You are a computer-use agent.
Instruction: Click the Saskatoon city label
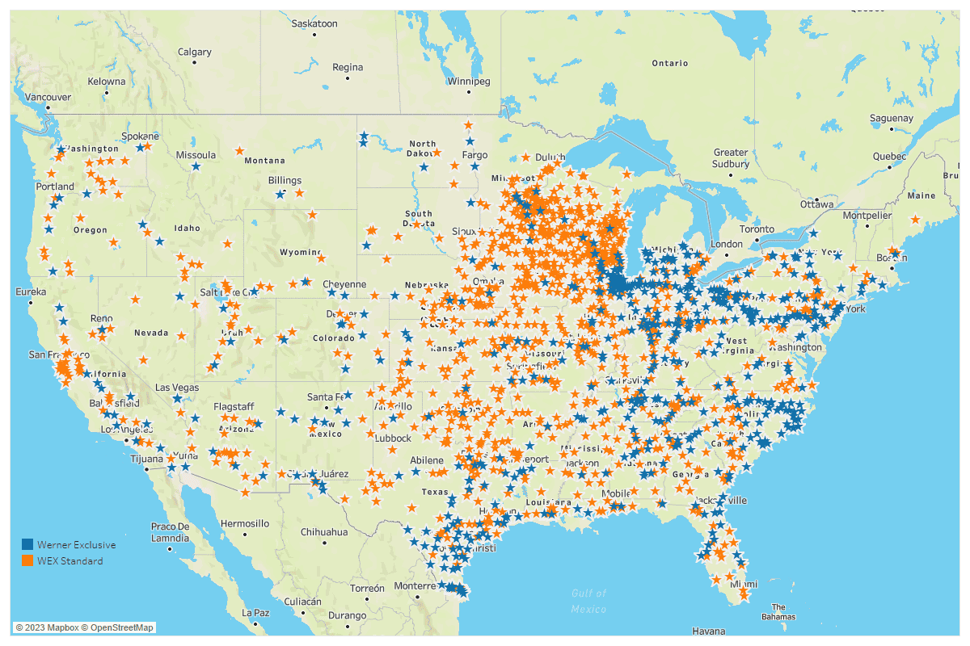tap(314, 23)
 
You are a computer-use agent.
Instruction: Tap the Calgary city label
tap(195, 52)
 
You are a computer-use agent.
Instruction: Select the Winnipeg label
tap(470, 82)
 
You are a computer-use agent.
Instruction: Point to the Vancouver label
tap(48, 97)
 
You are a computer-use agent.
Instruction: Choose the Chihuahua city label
tap(324, 532)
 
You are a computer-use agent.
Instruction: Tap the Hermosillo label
tap(245, 523)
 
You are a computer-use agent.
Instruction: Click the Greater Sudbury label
tap(731, 157)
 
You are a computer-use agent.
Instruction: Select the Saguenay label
tap(891, 119)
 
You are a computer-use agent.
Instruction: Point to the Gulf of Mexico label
tap(588, 601)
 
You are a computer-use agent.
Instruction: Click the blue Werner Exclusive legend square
tap(27, 545)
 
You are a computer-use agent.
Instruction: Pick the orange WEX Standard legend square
tap(27, 560)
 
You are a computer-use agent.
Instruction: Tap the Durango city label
tap(348, 615)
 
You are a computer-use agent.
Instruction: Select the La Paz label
tap(255, 613)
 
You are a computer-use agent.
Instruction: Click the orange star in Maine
tap(914, 219)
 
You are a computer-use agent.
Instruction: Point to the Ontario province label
tap(670, 63)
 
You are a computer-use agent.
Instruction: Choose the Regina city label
tap(348, 67)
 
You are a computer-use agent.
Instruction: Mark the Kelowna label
tap(107, 82)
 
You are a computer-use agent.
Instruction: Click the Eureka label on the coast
tap(31, 292)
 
